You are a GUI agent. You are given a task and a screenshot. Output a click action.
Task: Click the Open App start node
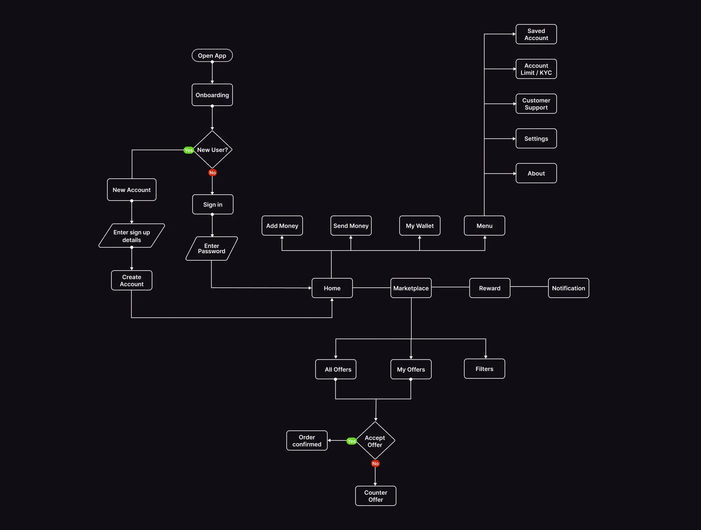[212, 55]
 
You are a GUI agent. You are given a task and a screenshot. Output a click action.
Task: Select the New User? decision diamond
[212, 150]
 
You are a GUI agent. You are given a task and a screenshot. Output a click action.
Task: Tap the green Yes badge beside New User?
[189, 150]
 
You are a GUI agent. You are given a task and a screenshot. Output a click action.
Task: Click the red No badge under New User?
[212, 173]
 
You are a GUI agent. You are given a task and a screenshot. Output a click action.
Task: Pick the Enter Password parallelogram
[212, 249]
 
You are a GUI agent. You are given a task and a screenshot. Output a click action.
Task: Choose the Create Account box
[132, 280]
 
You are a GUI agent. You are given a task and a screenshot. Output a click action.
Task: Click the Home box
[332, 288]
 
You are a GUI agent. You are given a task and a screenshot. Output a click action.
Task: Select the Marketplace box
[411, 288]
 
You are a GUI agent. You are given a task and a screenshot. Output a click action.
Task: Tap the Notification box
[568, 288]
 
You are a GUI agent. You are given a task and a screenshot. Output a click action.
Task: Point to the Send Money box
[351, 226]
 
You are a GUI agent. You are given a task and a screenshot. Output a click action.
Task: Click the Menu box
[485, 226]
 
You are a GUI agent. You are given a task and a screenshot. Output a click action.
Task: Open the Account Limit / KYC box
[536, 69]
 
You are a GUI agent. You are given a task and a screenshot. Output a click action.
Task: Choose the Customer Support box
[536, 104]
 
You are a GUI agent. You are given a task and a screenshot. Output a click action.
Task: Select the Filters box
[485, 369]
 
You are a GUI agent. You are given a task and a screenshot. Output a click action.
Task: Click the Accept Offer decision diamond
[375, 441]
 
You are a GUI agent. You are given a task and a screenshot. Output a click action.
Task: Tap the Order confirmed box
[307, 440]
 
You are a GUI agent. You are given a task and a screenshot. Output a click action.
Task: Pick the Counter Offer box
[376, 496]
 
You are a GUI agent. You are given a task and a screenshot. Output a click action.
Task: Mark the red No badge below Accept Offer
[375, 464]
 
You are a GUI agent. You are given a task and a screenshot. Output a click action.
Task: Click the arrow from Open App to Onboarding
[212, 73]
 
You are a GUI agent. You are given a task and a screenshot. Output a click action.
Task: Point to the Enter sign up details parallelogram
[132, 236]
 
